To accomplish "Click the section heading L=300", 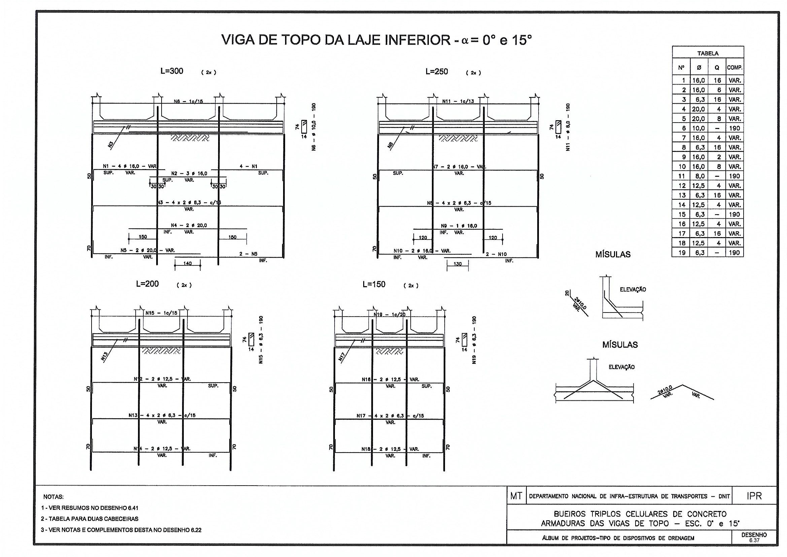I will [x=172, y=71].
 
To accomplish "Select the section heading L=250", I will [x=436, y=71].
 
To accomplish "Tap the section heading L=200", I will [x=147, y=284].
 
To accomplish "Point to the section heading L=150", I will [x=374, y=284].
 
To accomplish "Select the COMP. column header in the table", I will [x=734, y=68].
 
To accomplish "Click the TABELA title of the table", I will [x=708, y=53].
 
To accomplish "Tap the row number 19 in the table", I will [x=682, y=253].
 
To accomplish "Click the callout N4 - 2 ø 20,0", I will [x=189, y=225].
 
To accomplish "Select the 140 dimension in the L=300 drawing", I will [x=187, y=263].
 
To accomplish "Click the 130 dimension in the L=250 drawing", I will [x=457, y=264].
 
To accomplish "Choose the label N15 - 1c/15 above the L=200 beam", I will [x=162, y=313].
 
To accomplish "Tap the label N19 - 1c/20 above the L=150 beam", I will [x=389, y=314].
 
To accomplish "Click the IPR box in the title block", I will [x=754, y=496].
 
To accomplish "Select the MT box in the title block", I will [x=516, y=496].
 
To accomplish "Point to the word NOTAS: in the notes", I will [x=54, y=497].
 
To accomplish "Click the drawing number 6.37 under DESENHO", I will [x=754, y=540].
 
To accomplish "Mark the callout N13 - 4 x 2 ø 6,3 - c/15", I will [x=162, y=415].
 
